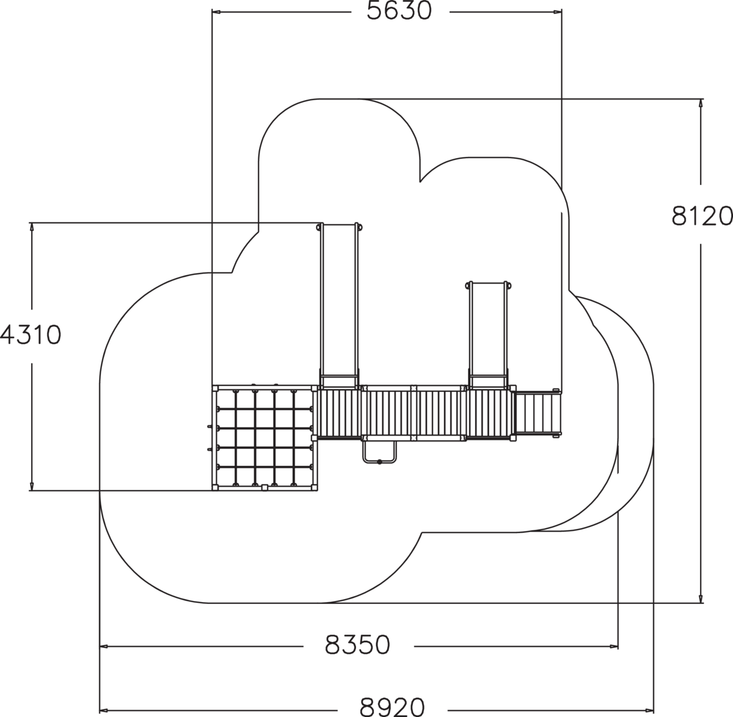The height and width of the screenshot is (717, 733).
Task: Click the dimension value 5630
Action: tap(399, 12)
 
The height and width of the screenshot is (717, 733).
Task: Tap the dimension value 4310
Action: tap(31, 335)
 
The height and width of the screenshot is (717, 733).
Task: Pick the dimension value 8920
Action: tap(392, 707)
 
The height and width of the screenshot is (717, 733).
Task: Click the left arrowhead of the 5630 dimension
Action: tap(217, 12)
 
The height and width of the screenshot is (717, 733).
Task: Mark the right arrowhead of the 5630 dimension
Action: tap(557, 12)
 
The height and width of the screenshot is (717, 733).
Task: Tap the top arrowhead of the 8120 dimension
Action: tap(701, 104)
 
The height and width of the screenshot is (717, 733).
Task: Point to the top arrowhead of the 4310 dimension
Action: tap(32, 227)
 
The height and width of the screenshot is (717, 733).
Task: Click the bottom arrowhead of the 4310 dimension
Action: tap(32, 486)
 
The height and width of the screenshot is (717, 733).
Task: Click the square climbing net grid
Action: tap(264, 437)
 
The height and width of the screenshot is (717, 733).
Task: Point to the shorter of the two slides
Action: tap(488, 335)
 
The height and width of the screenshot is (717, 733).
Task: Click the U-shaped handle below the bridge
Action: tap(380, 452)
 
